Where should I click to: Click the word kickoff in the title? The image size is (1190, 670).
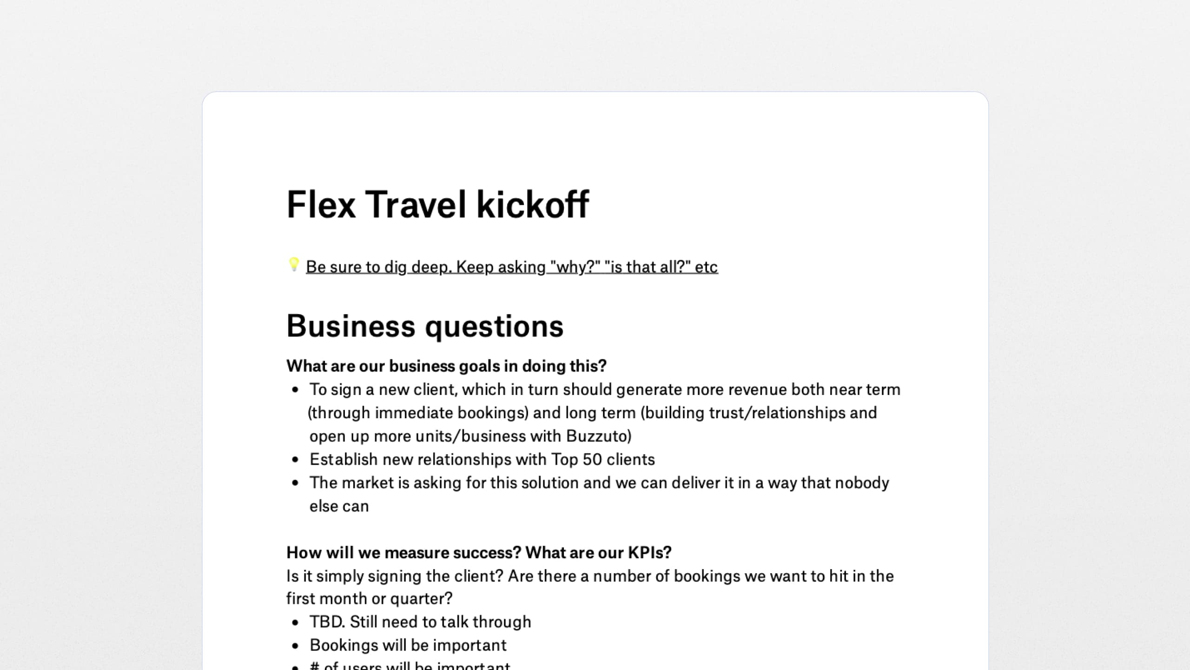(533, 205)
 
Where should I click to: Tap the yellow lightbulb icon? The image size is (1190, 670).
(293, 264)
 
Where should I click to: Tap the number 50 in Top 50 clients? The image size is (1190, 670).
(592, 460)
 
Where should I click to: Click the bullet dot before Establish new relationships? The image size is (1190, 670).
(295, 460)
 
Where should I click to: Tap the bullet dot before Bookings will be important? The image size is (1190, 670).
(295, 646)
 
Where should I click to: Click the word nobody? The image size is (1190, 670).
(862, 483)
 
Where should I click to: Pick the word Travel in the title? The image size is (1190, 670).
(416, 205)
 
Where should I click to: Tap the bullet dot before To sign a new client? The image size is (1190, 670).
(295, 390)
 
